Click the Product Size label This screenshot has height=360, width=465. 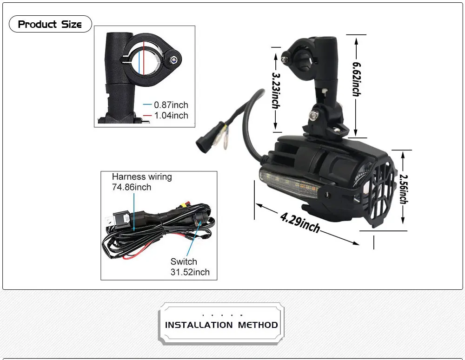[x=50, y=24]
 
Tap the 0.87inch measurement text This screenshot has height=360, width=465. [x=171, y=105]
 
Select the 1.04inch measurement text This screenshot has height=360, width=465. [x=171, y=115]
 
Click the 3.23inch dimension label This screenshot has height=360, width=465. [x=276, y=90]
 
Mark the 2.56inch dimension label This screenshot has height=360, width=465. [x=403, y=189]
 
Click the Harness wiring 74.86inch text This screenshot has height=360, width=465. [x=141, y=182]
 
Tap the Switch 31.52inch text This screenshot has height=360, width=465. [x=190, y=267]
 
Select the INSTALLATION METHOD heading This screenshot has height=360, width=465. [x=221, y=325]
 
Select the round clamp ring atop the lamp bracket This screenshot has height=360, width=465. [x=301, y=58]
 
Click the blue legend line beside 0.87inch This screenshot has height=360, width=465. [x=147, y=105]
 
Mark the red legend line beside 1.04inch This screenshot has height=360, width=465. [x=147, y=116]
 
